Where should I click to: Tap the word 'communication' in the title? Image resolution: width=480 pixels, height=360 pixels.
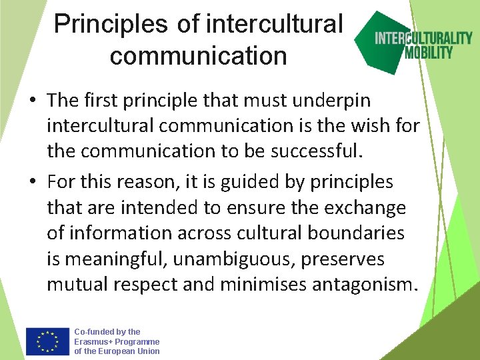coord(198,55)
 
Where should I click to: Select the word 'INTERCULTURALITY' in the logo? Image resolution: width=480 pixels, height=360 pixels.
coord(423,38)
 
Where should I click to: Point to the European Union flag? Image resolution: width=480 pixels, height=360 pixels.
coord(47,341)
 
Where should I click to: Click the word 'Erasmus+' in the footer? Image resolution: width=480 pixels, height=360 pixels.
coord(91,341)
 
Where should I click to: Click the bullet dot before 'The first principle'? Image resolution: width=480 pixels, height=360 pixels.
coord(32,101)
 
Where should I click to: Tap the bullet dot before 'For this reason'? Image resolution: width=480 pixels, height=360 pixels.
coord(32,182)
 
